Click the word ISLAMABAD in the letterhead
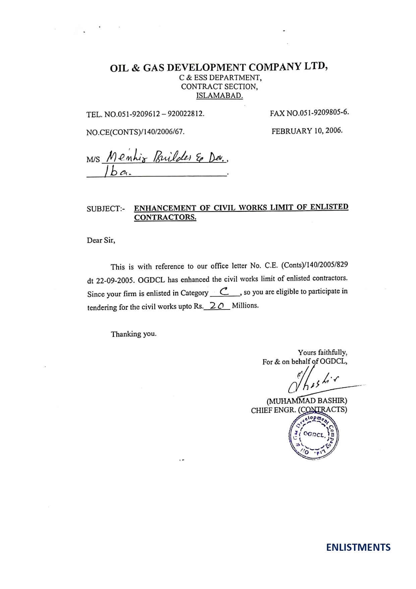click(x=219, y=96)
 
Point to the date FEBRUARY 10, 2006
click(x=307, y=131)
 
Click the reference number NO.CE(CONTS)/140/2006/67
click(x=135, y=132)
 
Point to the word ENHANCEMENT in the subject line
click(x=165, y=208)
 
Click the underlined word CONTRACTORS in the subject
click(x=165, y=217)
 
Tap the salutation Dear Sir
click(x=101, y=240)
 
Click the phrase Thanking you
click(x=133, y=334)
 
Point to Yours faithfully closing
click(x=322, y=352)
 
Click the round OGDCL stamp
click(x=313, y=437)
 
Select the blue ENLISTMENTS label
click(x=358, y=547)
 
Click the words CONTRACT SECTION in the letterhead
click(x=219, y=87)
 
